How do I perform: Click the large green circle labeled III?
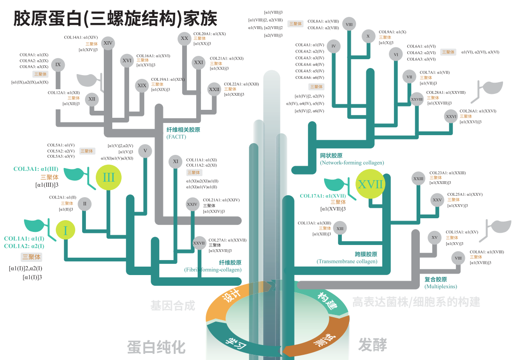[108, 177]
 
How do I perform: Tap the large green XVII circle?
[370, 184]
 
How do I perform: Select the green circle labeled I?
[65, 230]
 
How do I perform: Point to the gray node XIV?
[108, 43]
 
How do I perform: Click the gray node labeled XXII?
[214, 89]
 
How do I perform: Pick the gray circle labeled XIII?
[340, 229]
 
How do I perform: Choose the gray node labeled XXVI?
[451, 116]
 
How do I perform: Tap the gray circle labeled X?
[368, 36]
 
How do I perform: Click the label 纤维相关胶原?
[183, 130]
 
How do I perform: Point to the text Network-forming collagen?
[352, 163]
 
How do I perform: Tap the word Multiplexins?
[441, 286]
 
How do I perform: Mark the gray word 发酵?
[372, 345]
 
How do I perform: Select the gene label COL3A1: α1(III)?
[36, 169]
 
